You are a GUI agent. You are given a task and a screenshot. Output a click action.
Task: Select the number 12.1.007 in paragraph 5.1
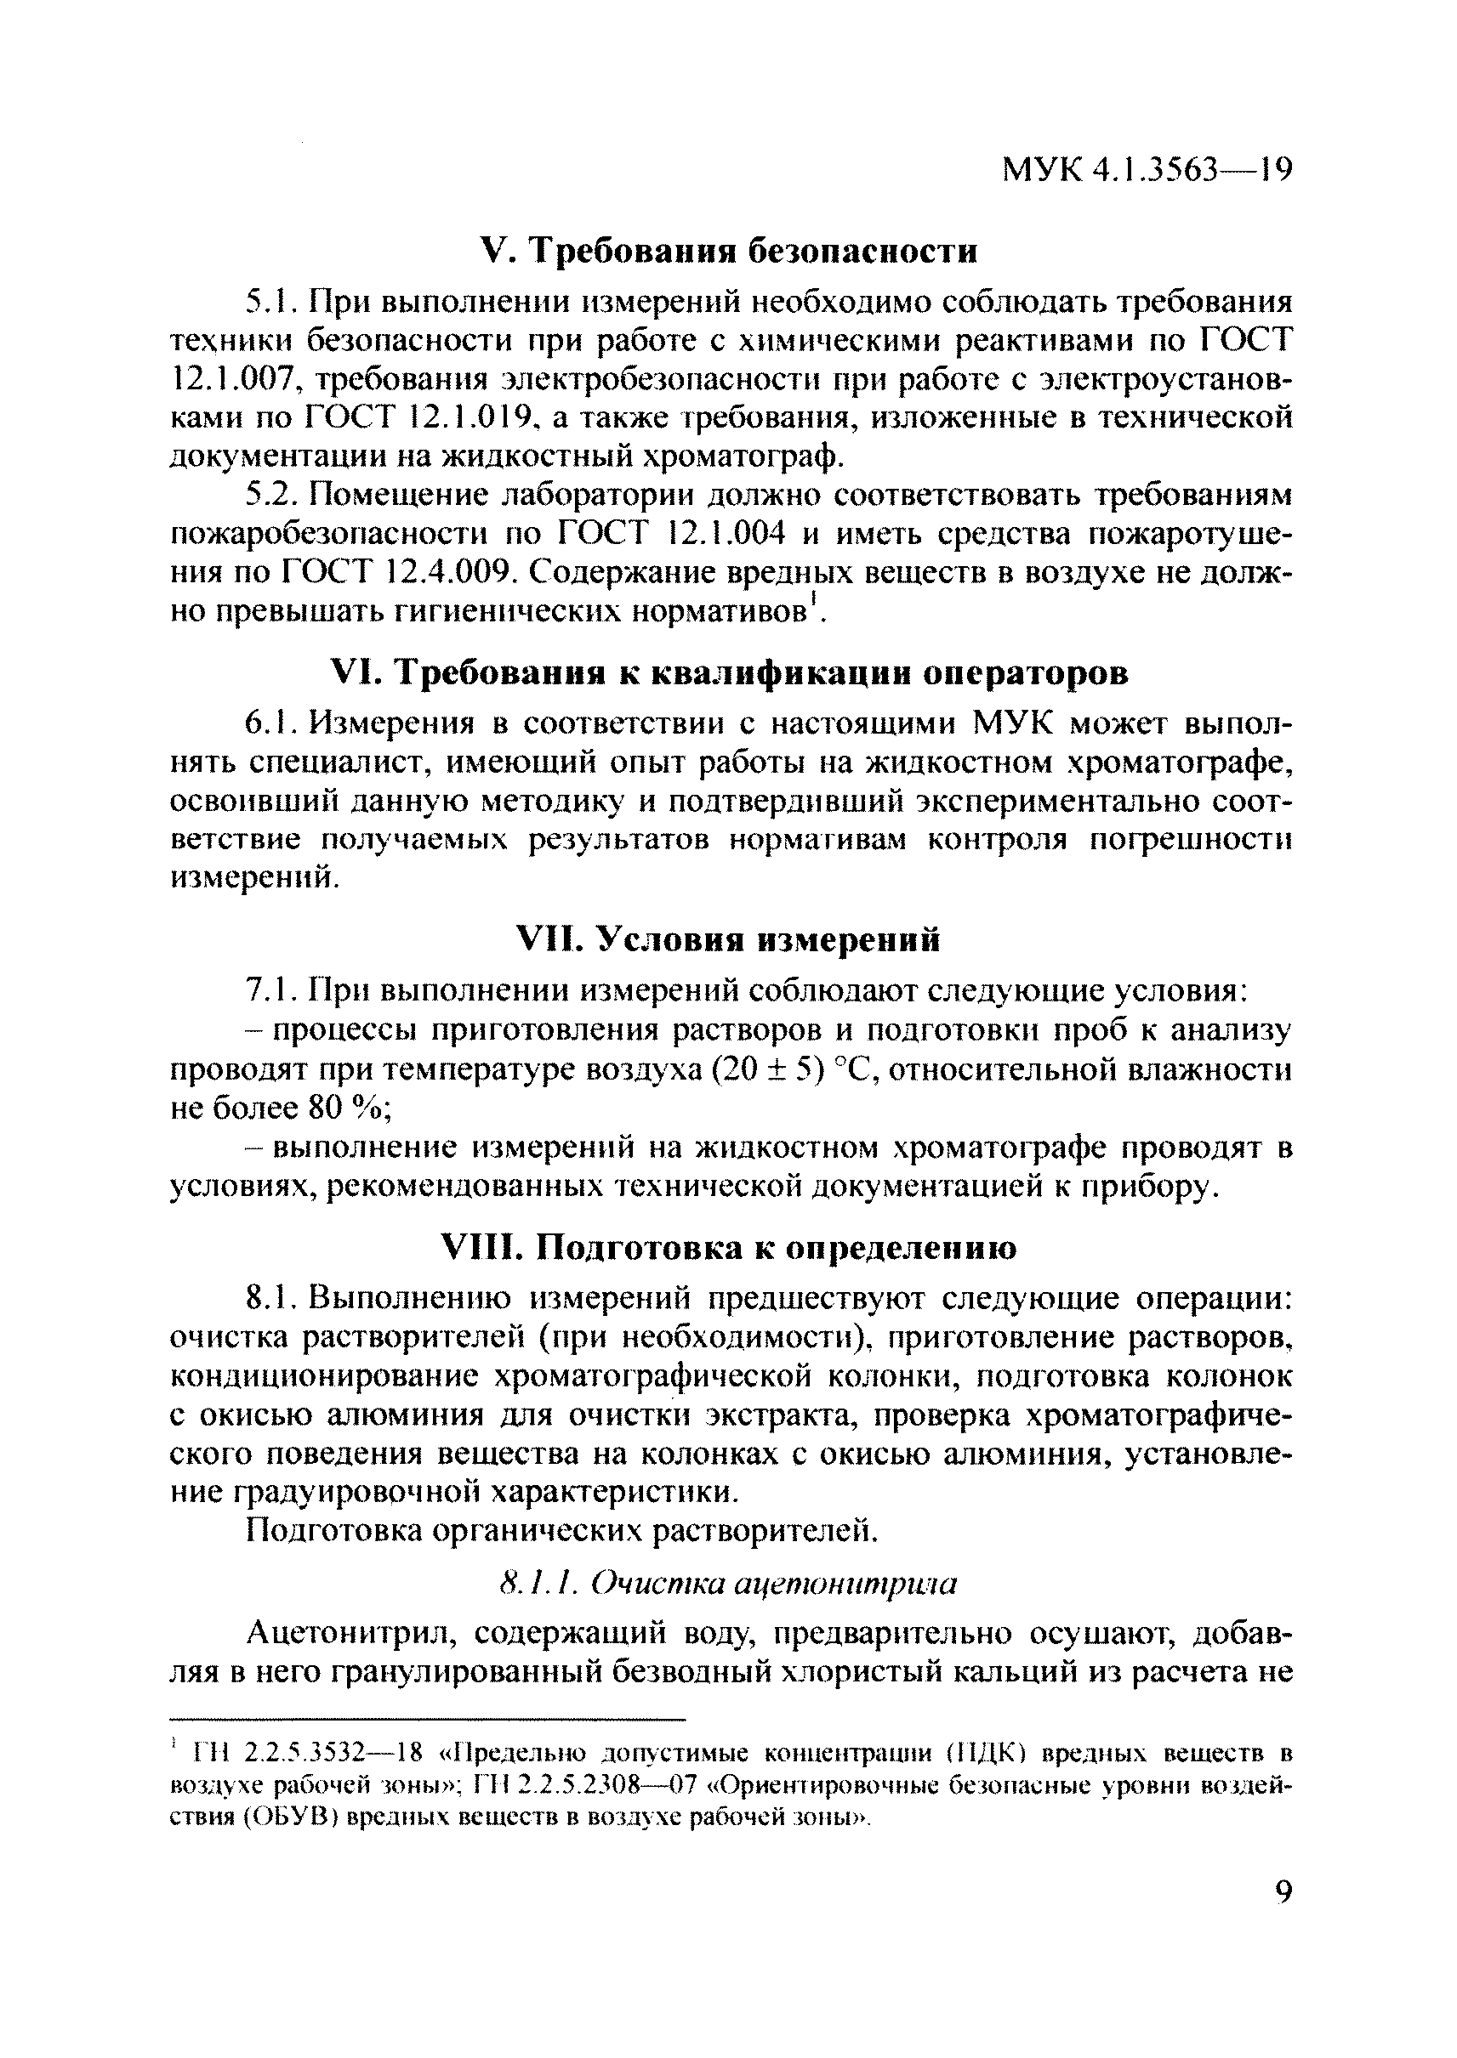[231, 380]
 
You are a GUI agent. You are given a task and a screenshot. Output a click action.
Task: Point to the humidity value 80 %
[344, 1109]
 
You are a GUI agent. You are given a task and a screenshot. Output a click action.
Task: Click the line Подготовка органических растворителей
[561, 1531]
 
